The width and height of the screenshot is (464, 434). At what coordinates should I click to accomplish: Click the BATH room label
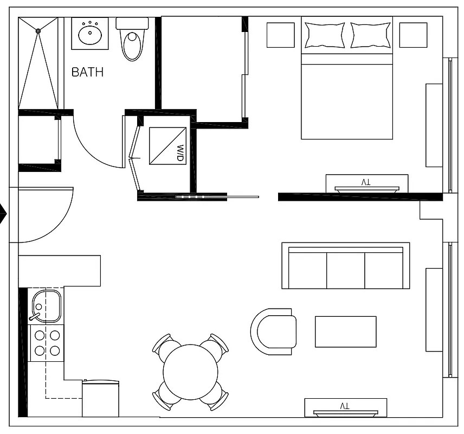(87, 72)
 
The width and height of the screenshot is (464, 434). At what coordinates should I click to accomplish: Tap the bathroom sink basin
(90, 35)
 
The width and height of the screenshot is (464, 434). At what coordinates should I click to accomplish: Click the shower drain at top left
(38, 31)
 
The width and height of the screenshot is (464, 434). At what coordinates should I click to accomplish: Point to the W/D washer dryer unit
(167, 145)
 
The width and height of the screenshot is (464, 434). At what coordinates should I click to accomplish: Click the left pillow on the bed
(324, 35)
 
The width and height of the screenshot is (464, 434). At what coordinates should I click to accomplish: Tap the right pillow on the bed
(371, 35)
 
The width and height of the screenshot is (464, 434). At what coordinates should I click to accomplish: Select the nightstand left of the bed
(280, 35)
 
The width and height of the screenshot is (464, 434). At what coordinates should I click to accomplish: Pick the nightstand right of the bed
(413, 35)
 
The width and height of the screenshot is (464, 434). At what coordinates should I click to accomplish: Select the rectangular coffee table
(345, 331)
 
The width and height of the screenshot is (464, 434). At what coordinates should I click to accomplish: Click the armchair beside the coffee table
(274, 331)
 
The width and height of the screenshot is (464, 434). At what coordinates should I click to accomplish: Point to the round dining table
(190, 372)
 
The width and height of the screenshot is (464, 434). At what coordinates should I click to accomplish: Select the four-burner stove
(47, 343)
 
